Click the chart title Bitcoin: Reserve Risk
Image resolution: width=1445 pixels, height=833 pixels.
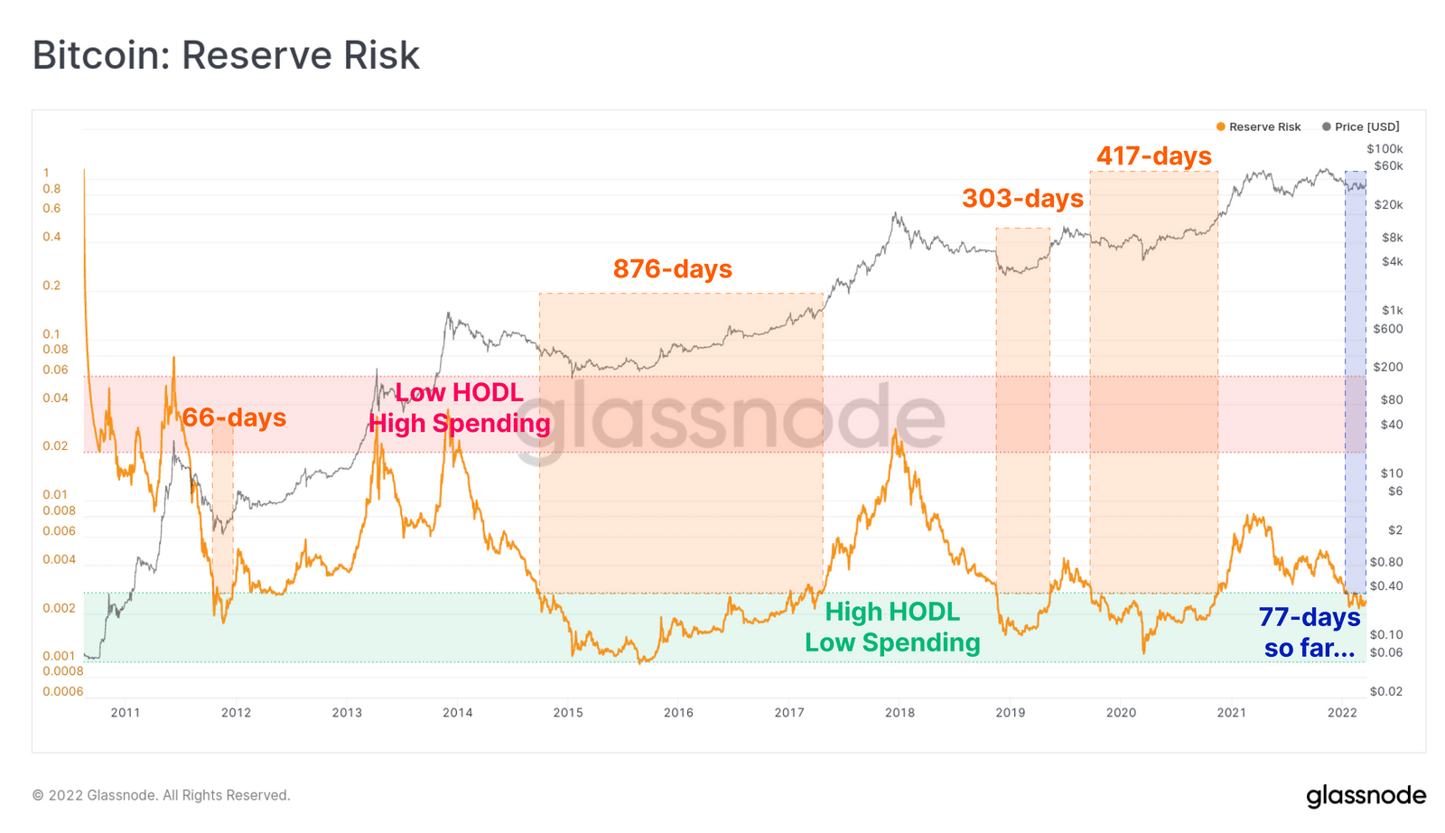(226, 55)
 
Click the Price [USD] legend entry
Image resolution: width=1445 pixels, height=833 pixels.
(1361, 126)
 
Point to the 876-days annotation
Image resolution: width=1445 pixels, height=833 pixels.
(673, 268)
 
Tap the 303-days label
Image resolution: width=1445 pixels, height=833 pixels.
(1022, 198)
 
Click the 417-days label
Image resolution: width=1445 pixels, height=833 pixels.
(1154, 155)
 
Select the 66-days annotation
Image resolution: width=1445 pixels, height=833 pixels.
(234, 417)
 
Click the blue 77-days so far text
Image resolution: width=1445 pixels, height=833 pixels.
(1310, 632)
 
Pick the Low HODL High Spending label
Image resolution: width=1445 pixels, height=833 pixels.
(460, 407)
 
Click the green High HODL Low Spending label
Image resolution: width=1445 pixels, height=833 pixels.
(892, 627)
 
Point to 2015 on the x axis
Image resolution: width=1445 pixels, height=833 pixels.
(568, 713)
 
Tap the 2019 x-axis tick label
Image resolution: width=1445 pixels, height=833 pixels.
(1011, 713)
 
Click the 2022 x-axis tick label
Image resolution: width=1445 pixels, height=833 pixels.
(1342, 713)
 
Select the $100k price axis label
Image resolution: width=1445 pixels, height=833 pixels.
(1384, 149)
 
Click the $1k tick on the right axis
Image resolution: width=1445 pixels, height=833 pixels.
(1392, 310)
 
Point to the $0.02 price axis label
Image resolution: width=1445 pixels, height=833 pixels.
(1386, 691)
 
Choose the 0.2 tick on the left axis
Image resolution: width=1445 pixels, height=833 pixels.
(51, 285)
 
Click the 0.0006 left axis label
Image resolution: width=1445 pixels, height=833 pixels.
(63, 691)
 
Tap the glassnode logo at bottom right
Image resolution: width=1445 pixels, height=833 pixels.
(1366, 796)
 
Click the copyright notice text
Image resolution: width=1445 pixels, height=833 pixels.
(162, 795)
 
